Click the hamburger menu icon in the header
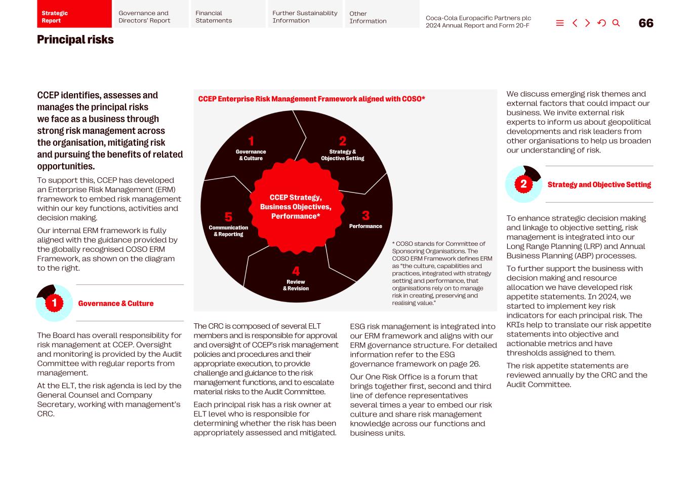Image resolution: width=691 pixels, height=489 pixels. pyautogui.click(x=559, y=23)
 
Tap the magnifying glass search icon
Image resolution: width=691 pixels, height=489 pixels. pyautogui.click(x=616, y=23)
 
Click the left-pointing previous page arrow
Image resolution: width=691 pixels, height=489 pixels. pyautogui.click(x=575, y=23)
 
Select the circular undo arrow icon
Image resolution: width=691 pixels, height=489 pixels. pyautogui.click(x=601, y=23)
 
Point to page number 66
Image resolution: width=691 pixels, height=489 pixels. pyautogui.click(x=646, y=23)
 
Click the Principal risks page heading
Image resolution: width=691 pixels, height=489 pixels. pyautogui.click(x=75, y=40)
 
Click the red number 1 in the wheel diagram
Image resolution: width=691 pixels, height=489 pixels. pyautogui.click(x=251, y=141)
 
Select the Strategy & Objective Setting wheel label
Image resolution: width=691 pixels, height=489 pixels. pyautogui.click(x=343, y=155)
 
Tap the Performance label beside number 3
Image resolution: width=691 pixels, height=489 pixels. pyautogui.click(x=365, y=226)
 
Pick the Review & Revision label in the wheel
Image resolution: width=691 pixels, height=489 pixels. pyautogui.click(x=296, y=285)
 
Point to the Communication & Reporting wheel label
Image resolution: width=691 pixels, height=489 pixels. pyautogui.click(x=228, y=231)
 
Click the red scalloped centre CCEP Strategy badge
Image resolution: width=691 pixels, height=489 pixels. pyautogui.click(x=296, y=207)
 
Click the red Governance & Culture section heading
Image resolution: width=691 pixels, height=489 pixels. pyautogui.click(x=116, y=304)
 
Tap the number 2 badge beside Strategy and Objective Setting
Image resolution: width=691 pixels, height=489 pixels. pyautogui.click(x=523, y=184)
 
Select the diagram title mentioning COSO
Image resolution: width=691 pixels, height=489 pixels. pyautogui.click(x=311, y=99)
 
